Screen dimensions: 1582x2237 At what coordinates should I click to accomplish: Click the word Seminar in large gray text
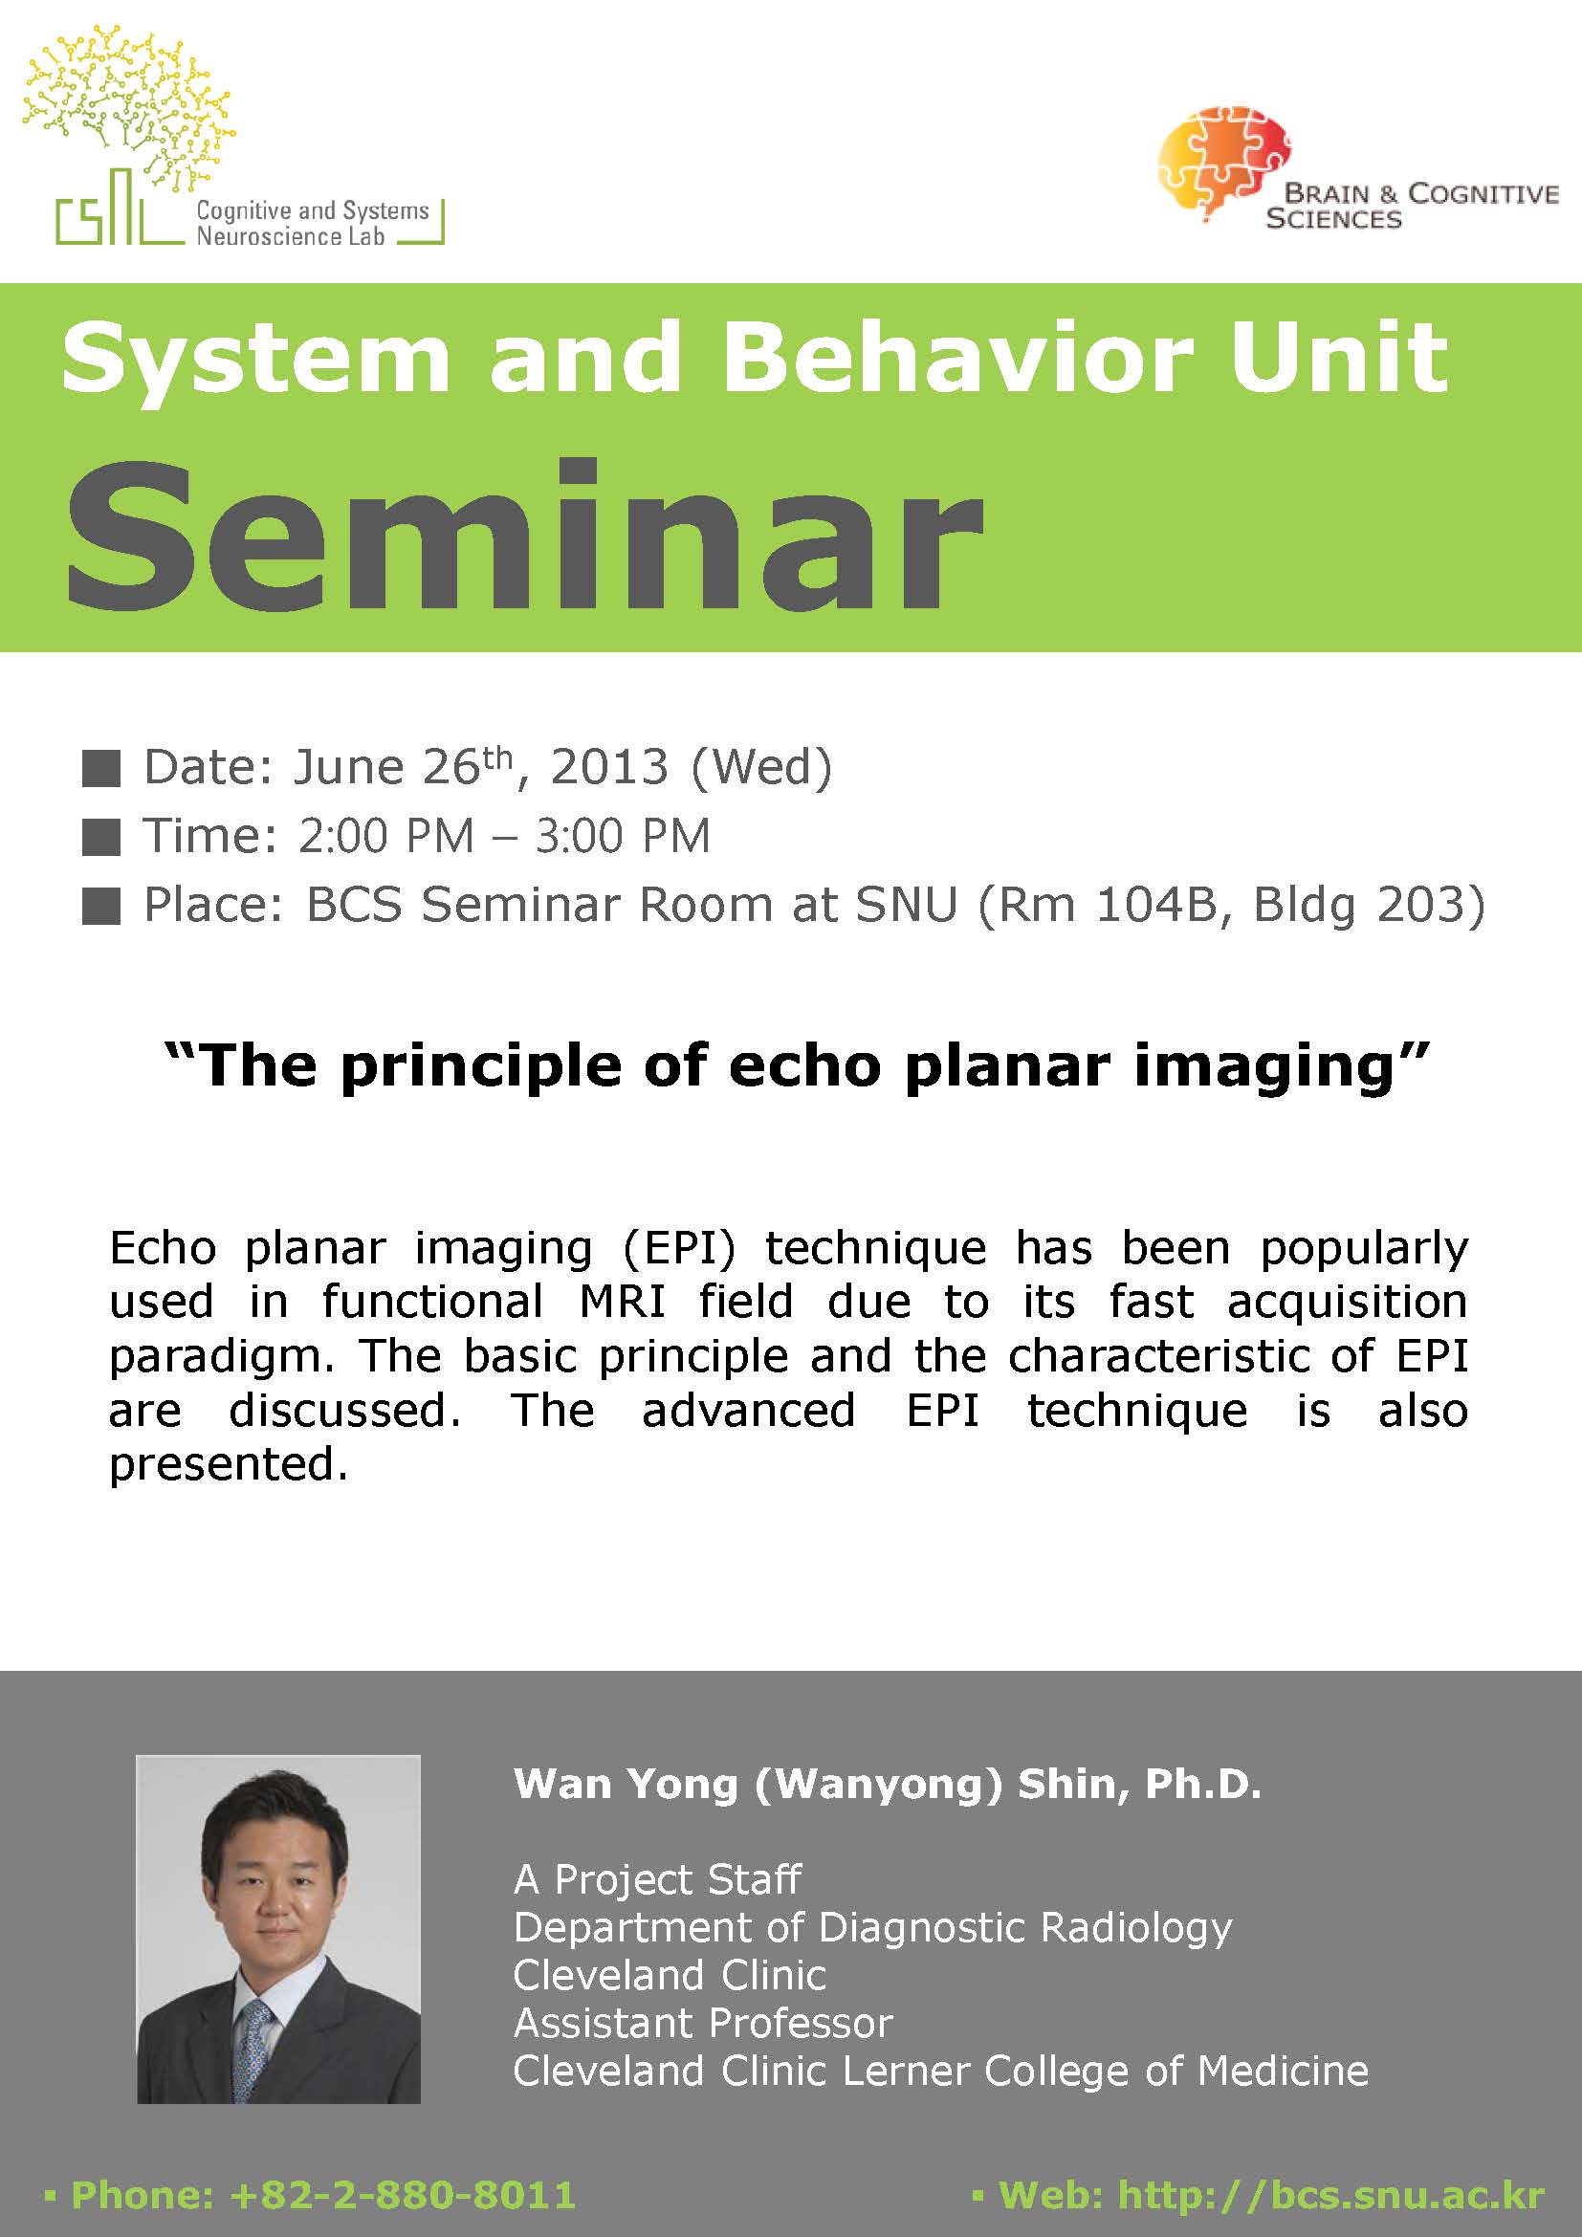(524, 535)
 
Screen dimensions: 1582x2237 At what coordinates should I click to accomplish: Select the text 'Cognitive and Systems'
(313, 210)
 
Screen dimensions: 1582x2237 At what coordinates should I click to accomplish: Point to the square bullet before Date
(101, 769)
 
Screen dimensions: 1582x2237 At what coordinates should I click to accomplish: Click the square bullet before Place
(101, 907)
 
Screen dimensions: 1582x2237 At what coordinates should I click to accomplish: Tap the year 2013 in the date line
(610, 767)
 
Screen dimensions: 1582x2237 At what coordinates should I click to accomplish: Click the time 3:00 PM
(623, 836)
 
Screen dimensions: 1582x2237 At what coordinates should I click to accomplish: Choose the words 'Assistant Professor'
(702, 2024)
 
